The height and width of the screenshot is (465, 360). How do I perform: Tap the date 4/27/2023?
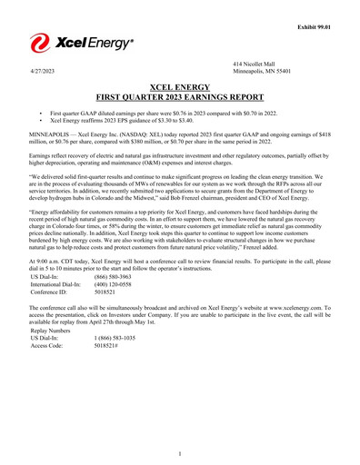(40, 70)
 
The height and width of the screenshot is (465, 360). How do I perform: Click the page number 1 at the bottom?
(180, 452)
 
